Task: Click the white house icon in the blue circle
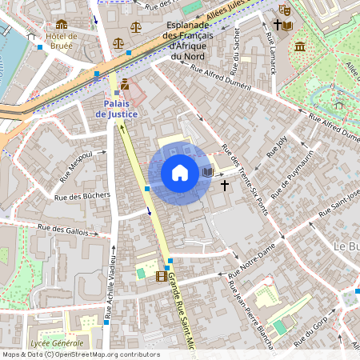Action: pyautogui.click(x=180, y=173)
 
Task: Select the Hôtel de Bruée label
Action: pyautogui.click(x=62, y=41)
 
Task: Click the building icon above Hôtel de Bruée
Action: pyautogui.click(x=62, y=25)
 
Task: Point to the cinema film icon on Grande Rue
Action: pyautogui.click(x=162, y=277)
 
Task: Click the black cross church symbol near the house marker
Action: pyautogui.click(x=224, y=185)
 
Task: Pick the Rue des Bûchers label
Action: pyautogui.click(x=82, y=195)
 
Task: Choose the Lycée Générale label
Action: pyautogui.click(x=56, y=342)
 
